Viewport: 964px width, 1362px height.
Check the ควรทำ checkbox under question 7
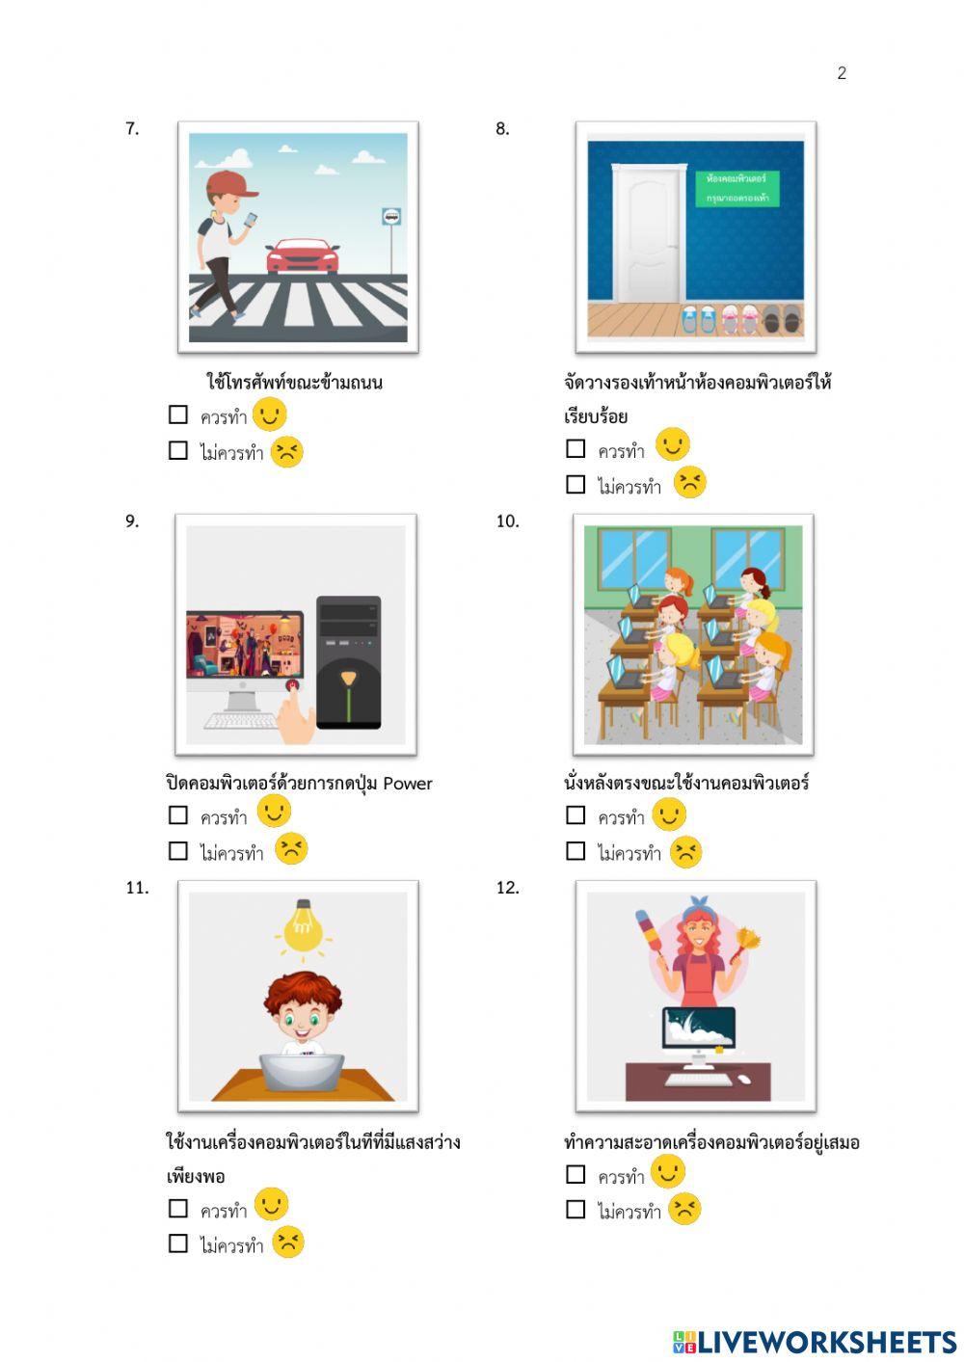tap(178, 414)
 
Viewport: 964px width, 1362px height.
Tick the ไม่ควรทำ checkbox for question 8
tap(576, 484)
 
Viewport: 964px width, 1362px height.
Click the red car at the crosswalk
tap(302, 256)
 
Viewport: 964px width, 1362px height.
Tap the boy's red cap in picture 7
tap(230, 183)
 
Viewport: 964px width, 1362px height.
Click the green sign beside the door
tap(737, 188)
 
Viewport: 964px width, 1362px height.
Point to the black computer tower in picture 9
tap(348, 662)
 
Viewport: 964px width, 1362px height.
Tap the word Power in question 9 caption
tap(408, 784)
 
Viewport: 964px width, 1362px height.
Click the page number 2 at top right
tap(842, 73)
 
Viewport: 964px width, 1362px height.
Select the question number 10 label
tap(507, 521)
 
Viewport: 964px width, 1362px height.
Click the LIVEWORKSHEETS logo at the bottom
tap(815, 1342)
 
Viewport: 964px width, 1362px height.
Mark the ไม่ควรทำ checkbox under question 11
tap(178, 1243)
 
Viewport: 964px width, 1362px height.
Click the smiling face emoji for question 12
tap(668, 1172)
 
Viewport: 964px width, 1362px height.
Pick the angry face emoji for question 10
tap(685, 852)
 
